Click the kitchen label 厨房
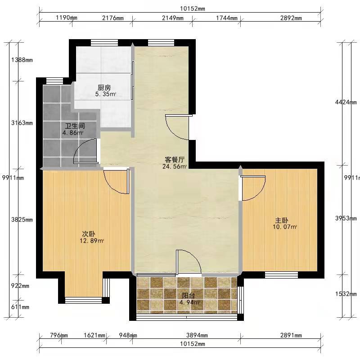tap(104, 87)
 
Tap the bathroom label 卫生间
tap(75, 126)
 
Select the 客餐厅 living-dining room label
tap(175, 160)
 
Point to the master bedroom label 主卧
tap(282, 220)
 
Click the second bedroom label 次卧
tap(89, 234)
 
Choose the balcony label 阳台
tap(188, 296)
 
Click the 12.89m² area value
tap(92, 241)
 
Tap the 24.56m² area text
tap(175, 166)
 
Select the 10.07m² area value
tap(285, 227)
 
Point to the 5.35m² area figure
tap(106, 94)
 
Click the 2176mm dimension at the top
tap(113, 18)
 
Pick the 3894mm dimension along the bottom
tap(197, 335)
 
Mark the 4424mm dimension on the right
tap(346, 102)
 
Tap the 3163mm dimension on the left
tap(22, 123)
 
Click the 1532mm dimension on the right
tap(346, 294)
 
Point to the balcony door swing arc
tap(196, 256)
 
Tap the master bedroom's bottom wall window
tap(282, 275)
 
